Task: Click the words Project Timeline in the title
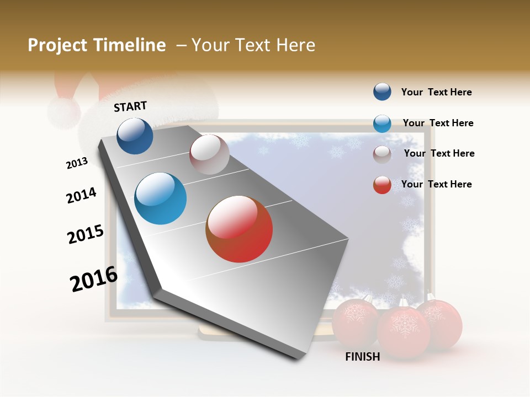pyautogui.click(x=97, y=45)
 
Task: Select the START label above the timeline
pyautogui.click(x=130, y=106)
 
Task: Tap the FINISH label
pyautogui.click(x=362, y=357)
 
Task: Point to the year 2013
pyautogui.click(x=77, y=163)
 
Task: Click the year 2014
pyautogui.click(x=81, y=196)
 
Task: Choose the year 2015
pyautogui.click(x=86, y=234)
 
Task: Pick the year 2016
pyautogui.click(x=94, y=279)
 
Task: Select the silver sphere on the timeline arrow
pyautogui.click(x=209, y=154)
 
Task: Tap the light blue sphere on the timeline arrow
pyautogui.click(x=161, y=198)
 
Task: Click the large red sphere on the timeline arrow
pyautogui.click(x=239, y=229)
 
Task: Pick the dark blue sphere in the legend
pyautogui.click(x=382, y=92)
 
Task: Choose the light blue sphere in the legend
pyautogui.click(x=382, y=124)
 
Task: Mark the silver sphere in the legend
pyautogui.click(x=382, y=154)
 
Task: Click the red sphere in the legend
pyautogui.click(x=382, y=185)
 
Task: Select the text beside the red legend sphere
pyautogui.click(x=436, y=184)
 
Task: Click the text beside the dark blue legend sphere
pyautogui.click(x=436, y=92)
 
